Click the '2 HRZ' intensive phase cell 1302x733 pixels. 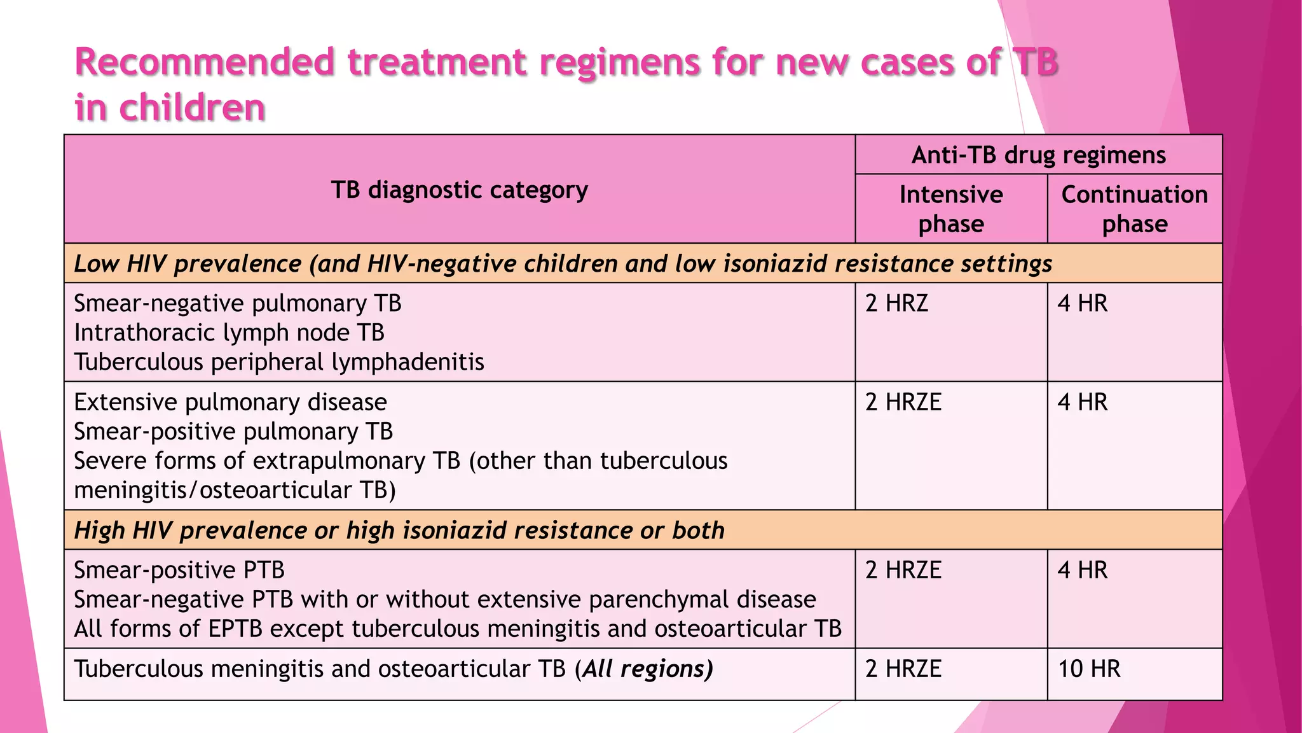[896, 304]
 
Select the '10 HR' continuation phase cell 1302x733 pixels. [1089, 669]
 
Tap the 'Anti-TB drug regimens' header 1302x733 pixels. [1038, 155]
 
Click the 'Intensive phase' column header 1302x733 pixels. [951, 209]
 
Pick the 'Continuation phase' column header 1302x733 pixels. [1135, 209]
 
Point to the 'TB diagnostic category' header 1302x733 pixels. [460, 190]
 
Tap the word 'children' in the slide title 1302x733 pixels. [192, 107]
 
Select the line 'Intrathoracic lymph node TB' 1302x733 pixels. [230, 333]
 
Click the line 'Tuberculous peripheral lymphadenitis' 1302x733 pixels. [279, 362]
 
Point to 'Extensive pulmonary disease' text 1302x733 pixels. [231, 402]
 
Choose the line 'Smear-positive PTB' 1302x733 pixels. [179, 570]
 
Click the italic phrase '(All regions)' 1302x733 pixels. [643, 669]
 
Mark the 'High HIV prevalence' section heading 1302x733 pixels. [399, 530]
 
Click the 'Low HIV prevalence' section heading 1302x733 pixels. [563, 263]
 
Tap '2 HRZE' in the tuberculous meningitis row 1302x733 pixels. [903, 669]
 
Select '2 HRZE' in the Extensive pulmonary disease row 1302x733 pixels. [903, 402]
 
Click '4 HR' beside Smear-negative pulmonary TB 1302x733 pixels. [1082, 304]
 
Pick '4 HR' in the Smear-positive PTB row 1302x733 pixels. [1082, 570]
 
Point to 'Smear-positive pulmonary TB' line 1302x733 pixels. [233, 431]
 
